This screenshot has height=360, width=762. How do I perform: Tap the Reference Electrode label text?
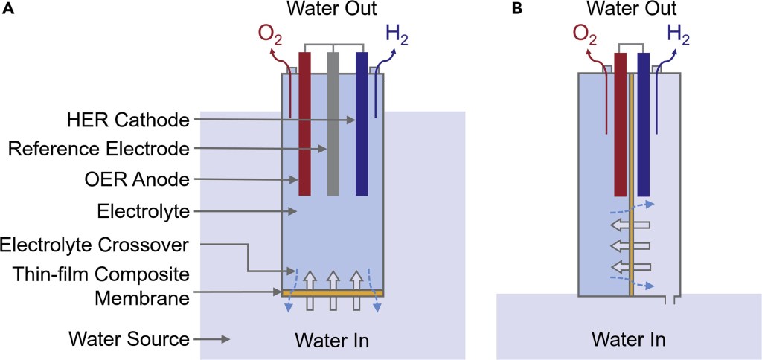[99, 150]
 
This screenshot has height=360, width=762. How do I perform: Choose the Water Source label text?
[129, 339]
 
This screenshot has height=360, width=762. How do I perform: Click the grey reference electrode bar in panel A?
[333, 126]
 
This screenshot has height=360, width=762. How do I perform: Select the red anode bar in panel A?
[304, 126]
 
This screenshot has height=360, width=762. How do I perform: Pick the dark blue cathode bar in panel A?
[362, 126]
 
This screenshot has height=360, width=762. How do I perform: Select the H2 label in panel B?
[677, 33]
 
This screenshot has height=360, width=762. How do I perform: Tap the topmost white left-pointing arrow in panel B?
[630, 224]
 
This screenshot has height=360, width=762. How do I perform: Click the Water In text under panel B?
[629, 340]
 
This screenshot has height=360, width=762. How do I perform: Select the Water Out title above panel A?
[331, 10]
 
